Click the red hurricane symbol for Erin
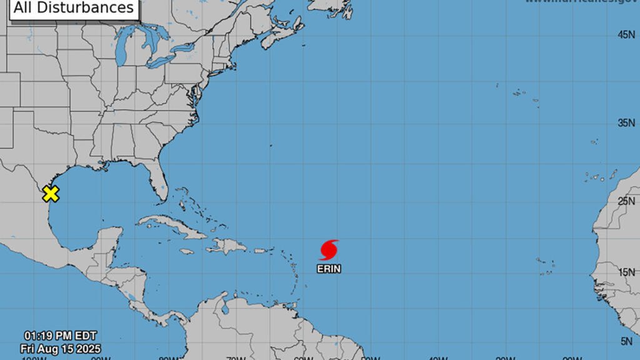coord(329,249)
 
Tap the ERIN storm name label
coord(329,269)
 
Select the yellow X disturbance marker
coord(51,194)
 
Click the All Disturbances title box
coord(74,7)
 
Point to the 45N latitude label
coord(626,36)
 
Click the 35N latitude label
coord(626,123)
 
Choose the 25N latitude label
coord(626,201)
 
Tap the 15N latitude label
coord(626,272)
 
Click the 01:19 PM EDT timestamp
coord(61,336)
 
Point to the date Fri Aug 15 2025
coord(61,348)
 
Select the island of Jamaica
coord(186,251)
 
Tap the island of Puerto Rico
coord(261,251)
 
